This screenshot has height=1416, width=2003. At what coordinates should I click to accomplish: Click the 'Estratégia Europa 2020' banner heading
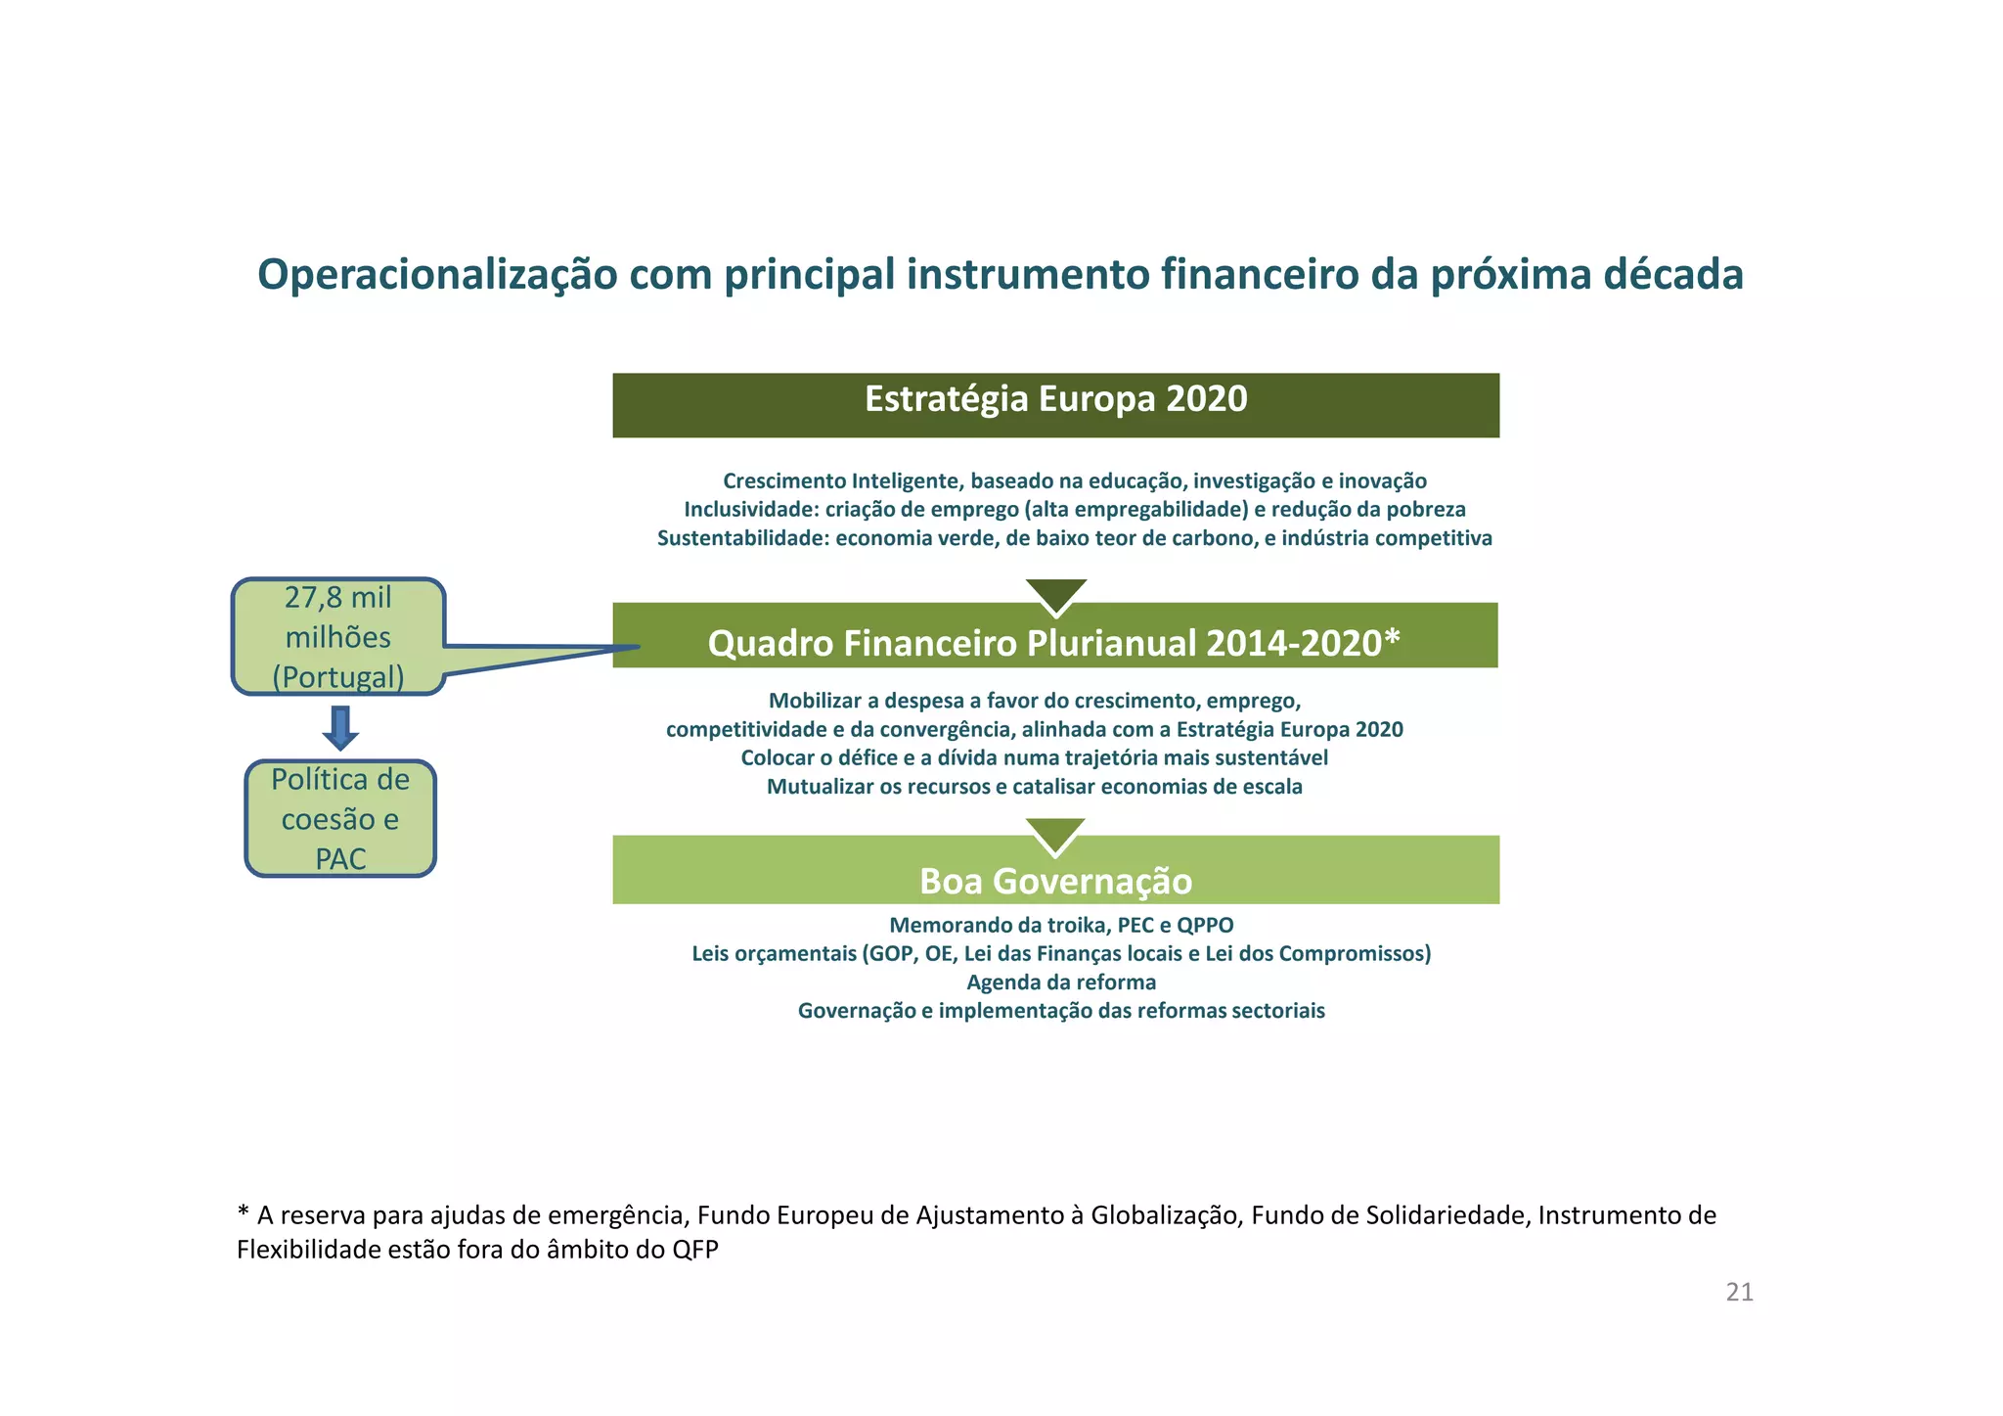point(1055,399)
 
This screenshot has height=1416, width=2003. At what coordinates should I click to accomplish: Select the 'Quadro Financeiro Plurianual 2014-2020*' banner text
point(1053,643)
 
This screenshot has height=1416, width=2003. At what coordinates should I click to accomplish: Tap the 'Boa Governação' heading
point(1055,881)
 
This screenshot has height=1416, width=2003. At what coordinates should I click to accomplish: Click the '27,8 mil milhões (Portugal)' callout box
point(338,637)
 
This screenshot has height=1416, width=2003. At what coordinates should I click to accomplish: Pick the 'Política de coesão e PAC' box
point(340,819)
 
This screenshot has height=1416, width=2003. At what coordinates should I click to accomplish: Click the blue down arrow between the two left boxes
point(340,728)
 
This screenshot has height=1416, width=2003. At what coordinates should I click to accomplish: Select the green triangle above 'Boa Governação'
point(1056,833)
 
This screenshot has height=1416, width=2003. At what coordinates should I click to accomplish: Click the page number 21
point(1739,1293)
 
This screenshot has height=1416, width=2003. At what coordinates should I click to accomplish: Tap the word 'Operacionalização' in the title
point(437,275)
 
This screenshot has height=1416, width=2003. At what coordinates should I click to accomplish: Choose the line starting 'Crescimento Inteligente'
point(1074,480)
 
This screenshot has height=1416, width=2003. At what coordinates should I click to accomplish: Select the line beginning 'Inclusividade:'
point(1074,509)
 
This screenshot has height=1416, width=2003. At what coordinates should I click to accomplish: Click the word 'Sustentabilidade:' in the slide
point(742,538)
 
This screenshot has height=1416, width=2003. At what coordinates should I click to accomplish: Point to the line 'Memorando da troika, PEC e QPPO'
point(1061,925)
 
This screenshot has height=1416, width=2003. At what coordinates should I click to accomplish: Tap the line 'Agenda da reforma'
point(1061,982)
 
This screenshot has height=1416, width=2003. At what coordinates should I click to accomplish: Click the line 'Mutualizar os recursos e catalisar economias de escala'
point(1034,787)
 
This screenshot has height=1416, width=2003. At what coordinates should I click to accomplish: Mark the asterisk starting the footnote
point(243,1213)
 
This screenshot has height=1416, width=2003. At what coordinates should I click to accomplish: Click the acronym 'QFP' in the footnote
point(694,1250)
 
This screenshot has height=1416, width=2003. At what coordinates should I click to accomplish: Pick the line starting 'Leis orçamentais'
point(1061,954)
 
